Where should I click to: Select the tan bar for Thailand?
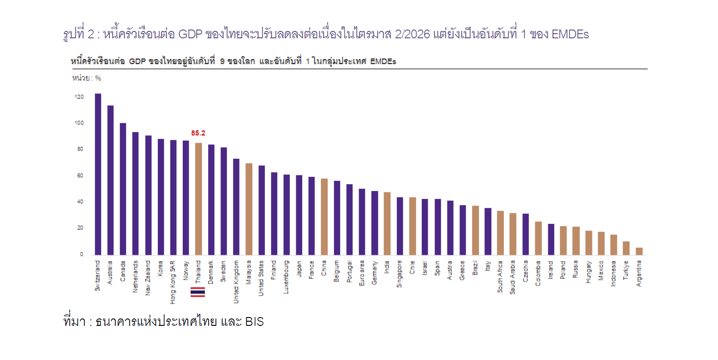(x=198, y=199)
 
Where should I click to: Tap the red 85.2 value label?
(x=198, y=133)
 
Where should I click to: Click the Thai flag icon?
(x=198, y=292)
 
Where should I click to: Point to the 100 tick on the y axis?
(x=79, y=123)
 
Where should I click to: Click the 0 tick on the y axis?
(x=81, y=254)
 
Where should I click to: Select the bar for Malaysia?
(x=249, y=209)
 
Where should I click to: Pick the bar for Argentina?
(x=639, y=252)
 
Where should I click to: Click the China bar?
(x=324, y=217)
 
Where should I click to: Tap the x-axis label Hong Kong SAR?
(x=173, y=282)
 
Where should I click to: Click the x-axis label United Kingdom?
(x=236, y=282)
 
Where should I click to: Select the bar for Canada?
(x=123, y=189)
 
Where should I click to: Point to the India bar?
(x=387, y=223)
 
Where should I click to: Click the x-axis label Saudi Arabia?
(x=513, y=277)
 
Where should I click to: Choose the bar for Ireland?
(x=551, y=240)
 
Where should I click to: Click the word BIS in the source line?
(x=255, y=322)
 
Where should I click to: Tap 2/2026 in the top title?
(x=412, y=34)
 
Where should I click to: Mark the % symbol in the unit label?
(x=98, y=78)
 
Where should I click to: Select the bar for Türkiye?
(x=626, y=248)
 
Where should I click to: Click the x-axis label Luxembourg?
(x=286, y=277)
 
